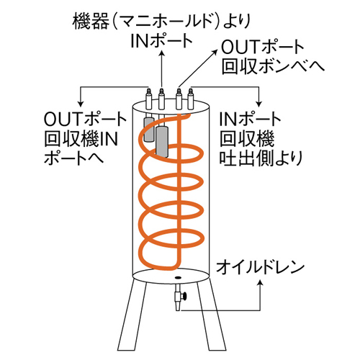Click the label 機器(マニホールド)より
[x=161, y=21]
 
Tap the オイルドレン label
[x=260, y=268]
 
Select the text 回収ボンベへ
[x=273, y=66]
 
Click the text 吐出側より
[x=261, y=158]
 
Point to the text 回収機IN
[x=81, y=139]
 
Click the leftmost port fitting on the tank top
[x=149, y=99]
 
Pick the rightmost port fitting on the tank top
[x=191, y=99]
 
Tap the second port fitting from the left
[x=161, y=99]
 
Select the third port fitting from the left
[x=179, y=99]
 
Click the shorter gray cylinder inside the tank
[x=149, y=130]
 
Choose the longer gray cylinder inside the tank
[x=162, y=142]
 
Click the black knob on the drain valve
[x=184, y=296]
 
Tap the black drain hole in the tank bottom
[x=178, y=278]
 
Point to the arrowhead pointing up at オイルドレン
[x=260, y=283]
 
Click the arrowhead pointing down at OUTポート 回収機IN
[x=81, y=103]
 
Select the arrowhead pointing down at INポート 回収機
[x=258, y=103]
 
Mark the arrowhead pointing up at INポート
[x=161, y=54]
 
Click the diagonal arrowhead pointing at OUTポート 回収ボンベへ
[x=215, y=53]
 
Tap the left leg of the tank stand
[x=130, y=318]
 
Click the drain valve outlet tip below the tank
[x=178, y=309]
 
